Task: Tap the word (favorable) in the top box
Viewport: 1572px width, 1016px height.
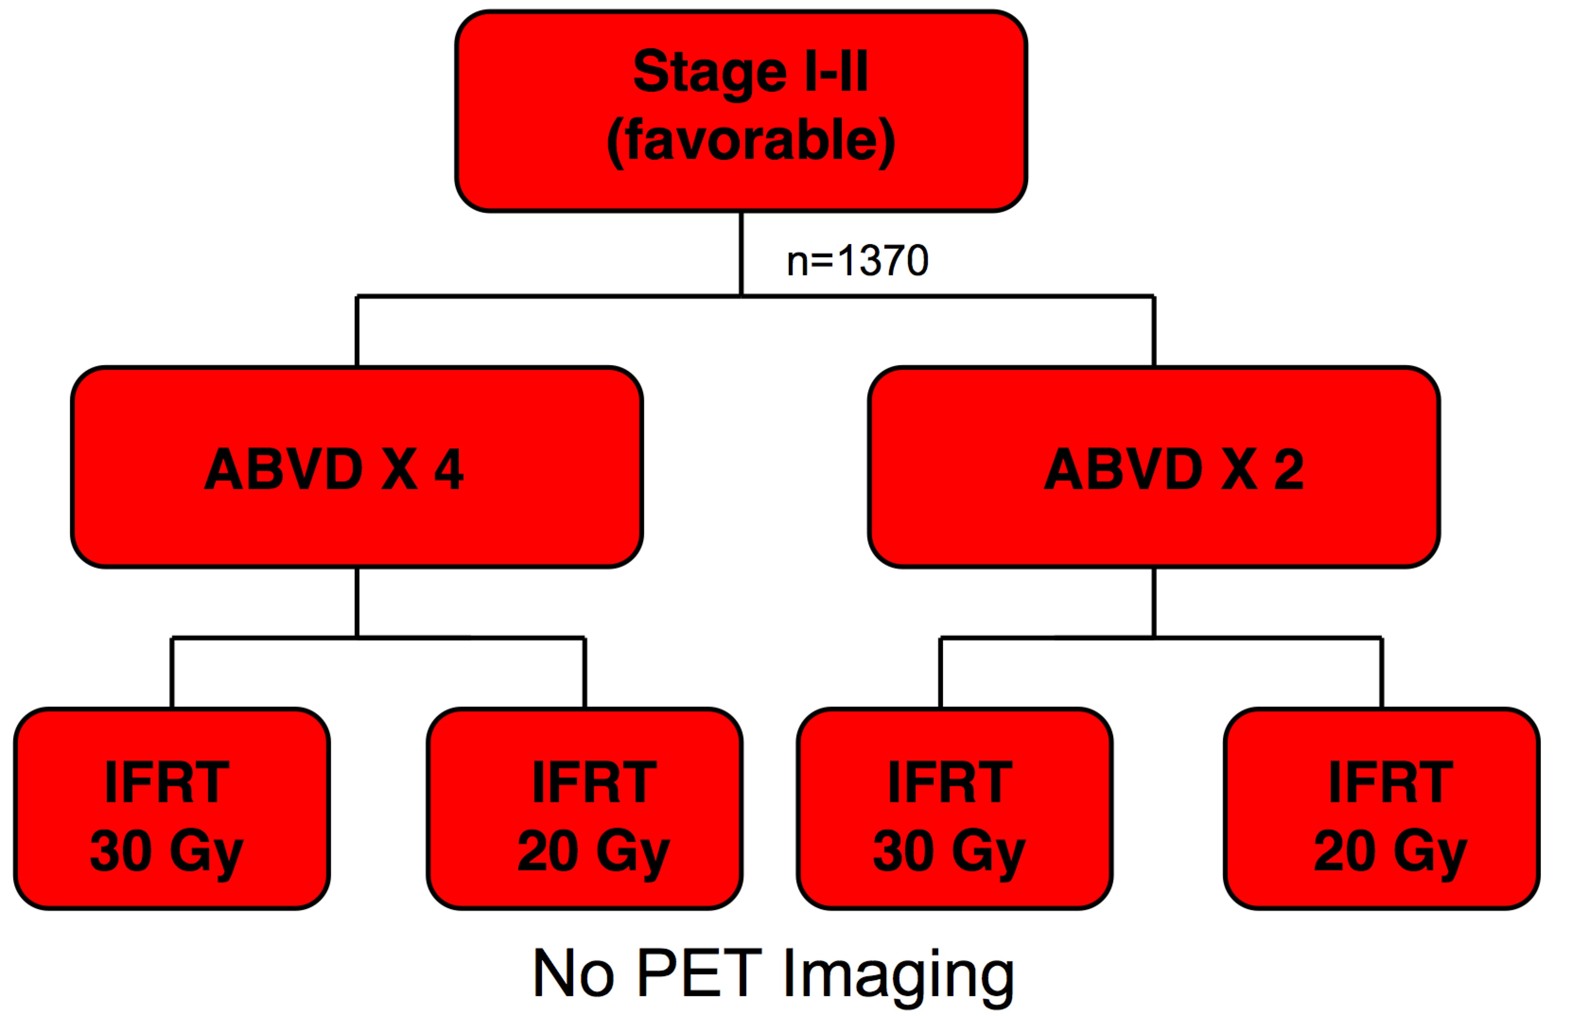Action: tap(750, 140)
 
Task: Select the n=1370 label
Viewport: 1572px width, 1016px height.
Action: tap(857, 261)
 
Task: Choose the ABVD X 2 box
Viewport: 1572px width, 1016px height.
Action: tap(1153, 521)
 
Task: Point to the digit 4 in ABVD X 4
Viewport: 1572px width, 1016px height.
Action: tap(449, 469)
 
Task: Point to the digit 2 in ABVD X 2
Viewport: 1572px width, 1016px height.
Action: tap(1288, 469)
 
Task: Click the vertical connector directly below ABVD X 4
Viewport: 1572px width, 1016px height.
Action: tap(357, 602)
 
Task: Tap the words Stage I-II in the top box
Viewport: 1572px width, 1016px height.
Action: tap(750, 71)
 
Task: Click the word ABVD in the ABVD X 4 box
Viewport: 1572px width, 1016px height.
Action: tap(284, 469)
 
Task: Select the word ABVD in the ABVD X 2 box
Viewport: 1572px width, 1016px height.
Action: tap(1123, 469)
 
